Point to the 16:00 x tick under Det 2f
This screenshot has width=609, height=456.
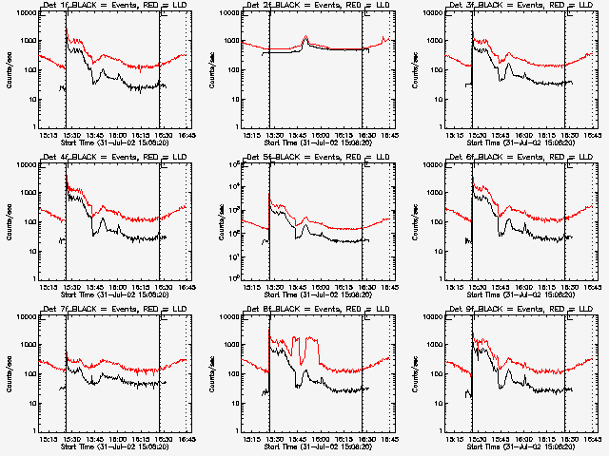point(317,136)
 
